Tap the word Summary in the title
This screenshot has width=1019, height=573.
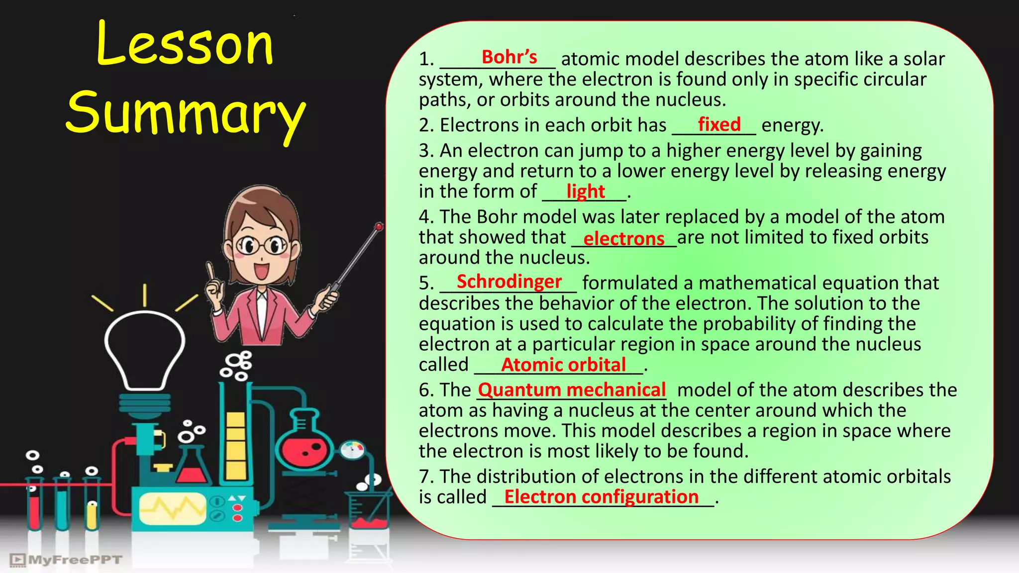[x=185, y=113]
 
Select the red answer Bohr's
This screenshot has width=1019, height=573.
[x=509, y=57]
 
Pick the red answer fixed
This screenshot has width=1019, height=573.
[x=719, y=124]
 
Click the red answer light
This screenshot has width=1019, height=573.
[x=585, y=191]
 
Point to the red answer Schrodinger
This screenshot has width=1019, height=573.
[x=509, y=282]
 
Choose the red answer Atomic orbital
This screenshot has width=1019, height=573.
[x=563, y=365]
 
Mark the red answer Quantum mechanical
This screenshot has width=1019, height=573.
[x=572, y=390]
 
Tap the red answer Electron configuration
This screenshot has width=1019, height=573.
[x=601, y=497]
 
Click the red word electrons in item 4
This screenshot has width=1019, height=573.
[x=623, y=239]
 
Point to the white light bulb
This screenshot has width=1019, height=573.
[x=145, y=348]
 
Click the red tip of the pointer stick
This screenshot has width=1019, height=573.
[x=379, y=227]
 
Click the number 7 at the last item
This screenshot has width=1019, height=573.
[x=424, y=477]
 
